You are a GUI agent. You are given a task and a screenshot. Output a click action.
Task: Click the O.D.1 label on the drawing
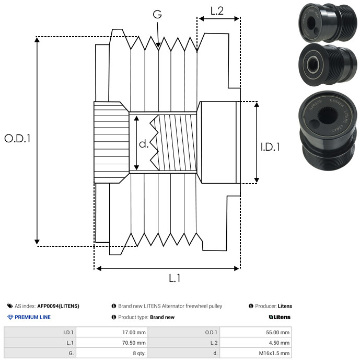[x=17, y=138]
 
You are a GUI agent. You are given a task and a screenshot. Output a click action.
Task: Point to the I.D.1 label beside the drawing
[x=270, y=147]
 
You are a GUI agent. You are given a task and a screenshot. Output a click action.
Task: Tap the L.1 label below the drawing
[x=175, y=278]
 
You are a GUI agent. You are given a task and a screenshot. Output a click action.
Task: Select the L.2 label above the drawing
[x=217, y=11]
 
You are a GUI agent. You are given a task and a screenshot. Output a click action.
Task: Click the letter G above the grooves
[x=157, y=14]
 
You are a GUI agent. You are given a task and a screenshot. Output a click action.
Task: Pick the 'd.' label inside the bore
[x=144, y=144]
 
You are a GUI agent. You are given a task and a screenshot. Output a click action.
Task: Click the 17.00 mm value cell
[x=112, y=332]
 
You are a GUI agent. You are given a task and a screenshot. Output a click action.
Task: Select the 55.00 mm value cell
[x=256, y=332]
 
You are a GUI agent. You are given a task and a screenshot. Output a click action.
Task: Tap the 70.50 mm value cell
[x=112, y=343]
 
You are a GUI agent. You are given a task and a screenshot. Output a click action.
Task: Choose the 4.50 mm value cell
[x=256, y=343]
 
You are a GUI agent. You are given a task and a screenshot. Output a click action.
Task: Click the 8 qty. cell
[x=112, y=353]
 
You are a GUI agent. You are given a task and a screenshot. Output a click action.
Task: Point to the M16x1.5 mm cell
[x=256, y=353]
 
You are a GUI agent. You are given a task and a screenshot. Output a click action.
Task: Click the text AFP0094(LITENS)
[x=58, y=306]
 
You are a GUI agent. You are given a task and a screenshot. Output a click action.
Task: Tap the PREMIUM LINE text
[x=32, y=317]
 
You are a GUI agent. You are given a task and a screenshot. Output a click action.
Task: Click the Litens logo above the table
[x=280, y=317]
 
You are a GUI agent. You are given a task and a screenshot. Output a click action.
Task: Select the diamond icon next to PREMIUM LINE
[x=10, y=317]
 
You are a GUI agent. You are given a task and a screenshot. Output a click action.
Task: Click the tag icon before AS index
[x=10, y=306]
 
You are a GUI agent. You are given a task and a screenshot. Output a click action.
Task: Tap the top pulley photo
[x=328, y=23]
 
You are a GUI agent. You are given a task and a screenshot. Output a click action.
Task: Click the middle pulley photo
[x=328, y=65]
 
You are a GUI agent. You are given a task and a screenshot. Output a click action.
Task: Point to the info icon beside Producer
[x=251, y=306]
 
